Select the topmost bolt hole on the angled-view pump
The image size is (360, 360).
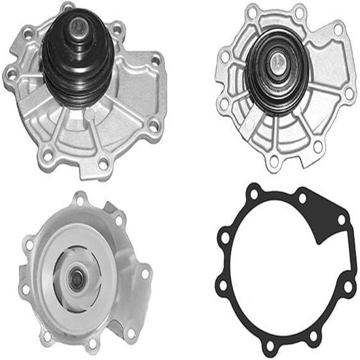point(67,8)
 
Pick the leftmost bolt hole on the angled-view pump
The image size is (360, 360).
point(10,72)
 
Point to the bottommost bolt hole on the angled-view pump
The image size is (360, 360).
point(104,163)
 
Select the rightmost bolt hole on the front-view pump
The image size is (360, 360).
point(348,92)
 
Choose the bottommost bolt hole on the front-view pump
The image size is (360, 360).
point(274,162)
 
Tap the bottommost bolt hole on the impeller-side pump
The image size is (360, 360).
point(92,344)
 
